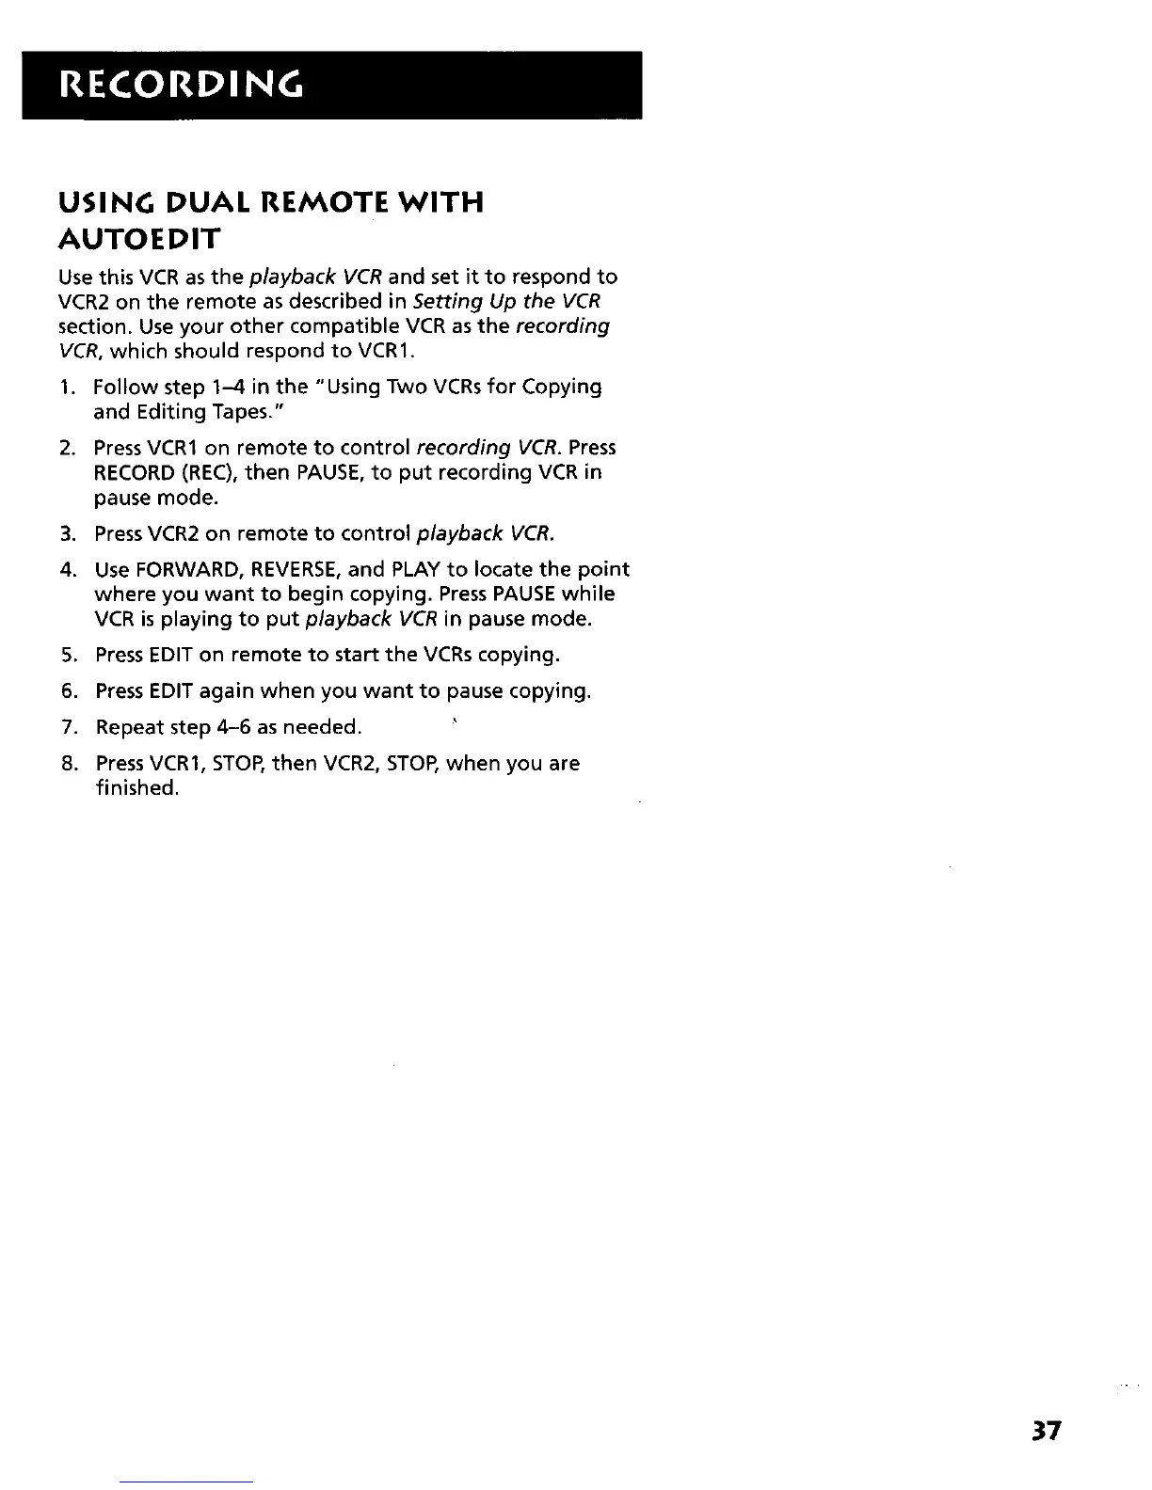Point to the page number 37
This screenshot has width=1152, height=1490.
[x=1045, y=1430]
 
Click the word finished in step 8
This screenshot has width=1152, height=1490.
[x=137, y=788]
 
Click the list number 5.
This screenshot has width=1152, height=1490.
[x=67, y=655]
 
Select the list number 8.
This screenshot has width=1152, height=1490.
[x=67, y=764]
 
